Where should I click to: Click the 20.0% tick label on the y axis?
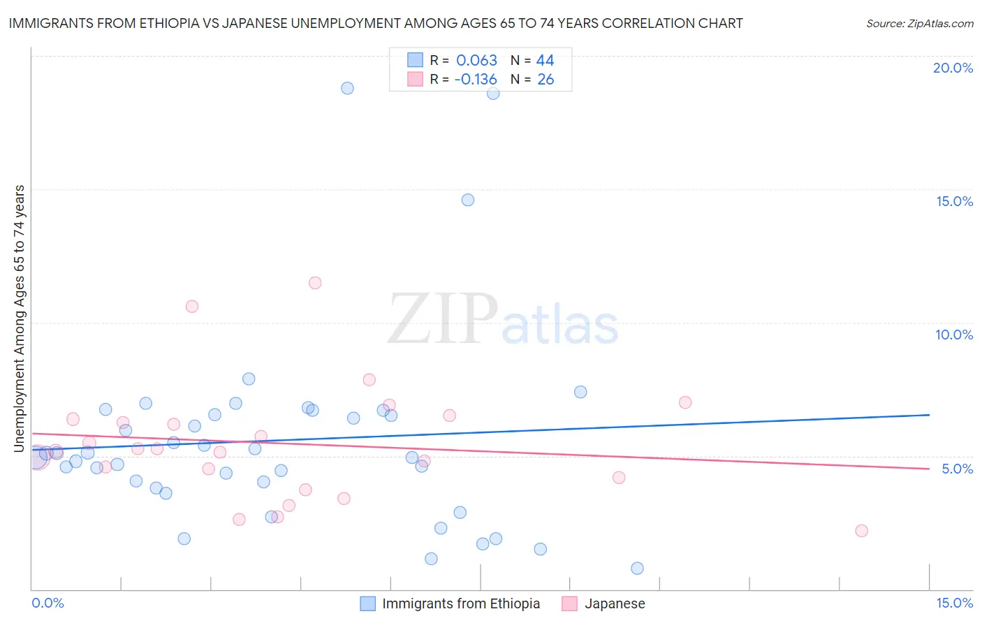(953, 68)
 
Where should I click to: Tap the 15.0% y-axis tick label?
(954, 201)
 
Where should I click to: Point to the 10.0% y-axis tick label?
(954, 335)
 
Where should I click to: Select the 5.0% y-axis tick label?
(957, 469)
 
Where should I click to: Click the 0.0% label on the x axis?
(47, 603)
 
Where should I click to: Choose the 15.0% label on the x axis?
(954, 603)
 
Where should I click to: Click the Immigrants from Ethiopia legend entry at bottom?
(460, 603)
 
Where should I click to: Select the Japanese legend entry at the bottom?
(614, 603)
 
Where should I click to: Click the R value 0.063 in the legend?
(476, 60)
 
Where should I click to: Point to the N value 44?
(545, 60)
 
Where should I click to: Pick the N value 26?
(545, 79)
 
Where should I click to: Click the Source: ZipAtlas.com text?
(919, 23)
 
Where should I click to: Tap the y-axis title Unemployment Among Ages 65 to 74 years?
(19, 318)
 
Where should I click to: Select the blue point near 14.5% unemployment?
(468, 200)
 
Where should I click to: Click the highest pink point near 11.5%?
(315, 283)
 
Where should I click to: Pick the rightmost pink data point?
(861, 531)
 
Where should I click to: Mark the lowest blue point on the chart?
(637, 569)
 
